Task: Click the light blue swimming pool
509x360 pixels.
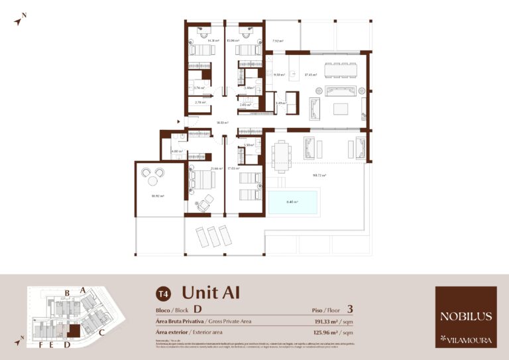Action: coord(293,203)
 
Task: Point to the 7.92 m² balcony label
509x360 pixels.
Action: coord(278,41)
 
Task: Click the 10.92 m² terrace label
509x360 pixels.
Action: coord(158,196)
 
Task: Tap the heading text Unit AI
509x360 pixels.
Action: coord(210,292)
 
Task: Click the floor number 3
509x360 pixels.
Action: coord(349,309)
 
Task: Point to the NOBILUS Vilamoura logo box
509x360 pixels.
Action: coord(466,317)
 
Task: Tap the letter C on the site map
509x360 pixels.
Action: coord(102,332)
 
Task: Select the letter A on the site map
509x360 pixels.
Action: coord(83,290)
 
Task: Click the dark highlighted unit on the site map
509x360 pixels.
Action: coord(74,331)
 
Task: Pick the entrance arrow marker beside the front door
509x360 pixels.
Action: coord(178,121)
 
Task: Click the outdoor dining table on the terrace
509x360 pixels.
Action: coord(282,155)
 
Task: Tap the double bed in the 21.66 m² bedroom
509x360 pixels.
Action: coord(199,180)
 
